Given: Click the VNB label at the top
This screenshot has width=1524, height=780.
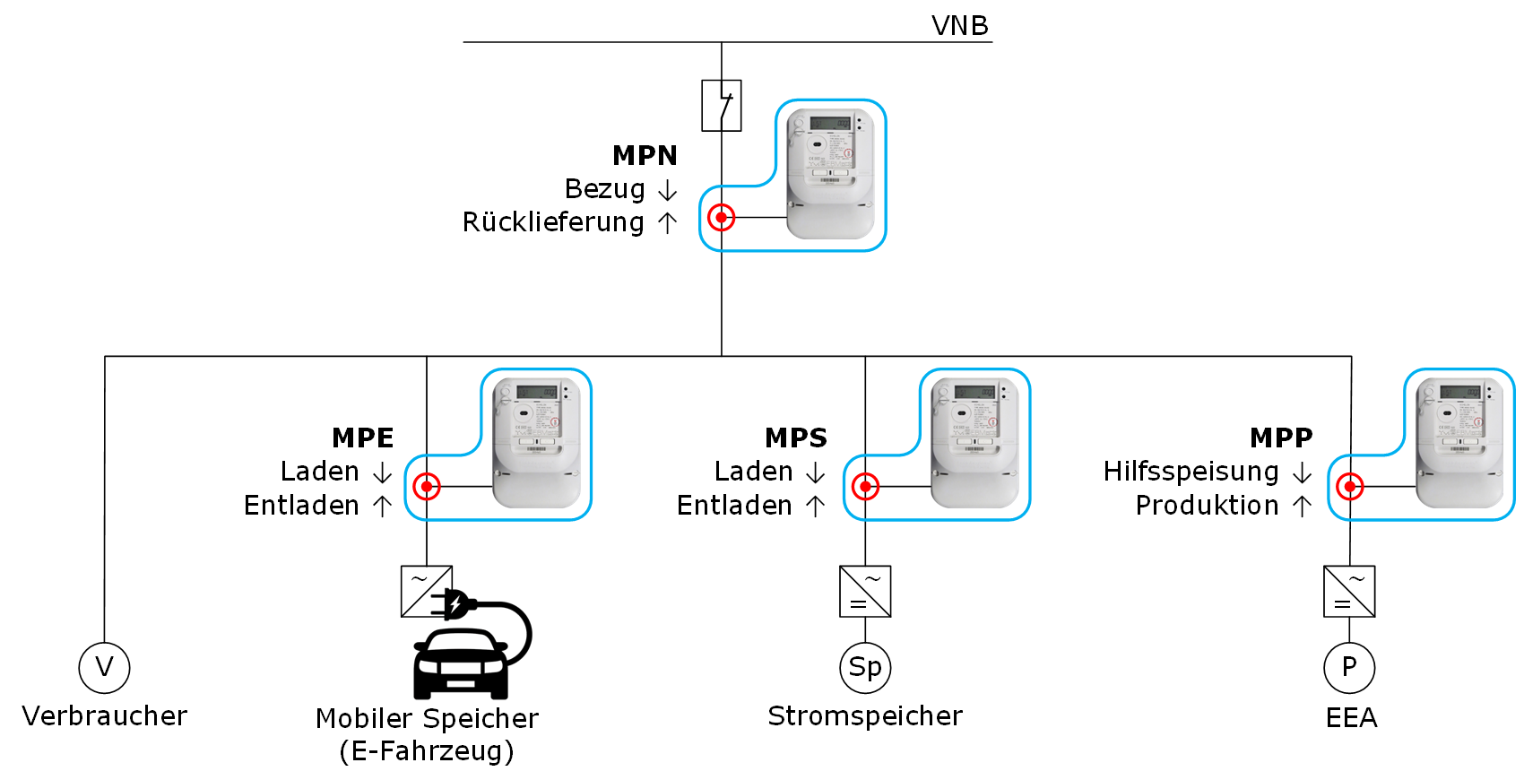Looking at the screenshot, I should [x=959, y=25].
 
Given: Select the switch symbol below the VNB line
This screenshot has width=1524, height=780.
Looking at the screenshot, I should [x=722, y=106].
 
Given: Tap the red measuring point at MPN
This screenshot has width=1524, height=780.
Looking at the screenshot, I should [x=722, y=217].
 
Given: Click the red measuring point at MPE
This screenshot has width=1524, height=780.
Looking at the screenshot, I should [x=427, y=487].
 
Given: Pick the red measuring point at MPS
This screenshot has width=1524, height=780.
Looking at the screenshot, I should [x=865, y=487].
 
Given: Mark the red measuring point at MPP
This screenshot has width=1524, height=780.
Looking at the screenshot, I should [x=1349, y=487].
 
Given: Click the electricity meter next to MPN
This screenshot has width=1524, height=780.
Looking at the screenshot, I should [x=830, y=174].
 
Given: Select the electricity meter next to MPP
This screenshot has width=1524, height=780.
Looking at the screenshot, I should [x=1459, y=443].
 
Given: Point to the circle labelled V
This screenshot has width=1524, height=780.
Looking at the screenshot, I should [x=104, y=668].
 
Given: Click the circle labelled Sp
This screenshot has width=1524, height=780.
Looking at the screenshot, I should [x=865, y=668].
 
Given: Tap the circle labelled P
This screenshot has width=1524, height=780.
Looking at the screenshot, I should [x=1349, y=668].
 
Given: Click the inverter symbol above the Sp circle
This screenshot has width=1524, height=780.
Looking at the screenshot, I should [x=865, y=592].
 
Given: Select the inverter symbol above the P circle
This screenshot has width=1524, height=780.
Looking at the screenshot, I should [x=1349, y=592].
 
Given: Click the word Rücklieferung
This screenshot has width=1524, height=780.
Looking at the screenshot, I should [x=553, y=222].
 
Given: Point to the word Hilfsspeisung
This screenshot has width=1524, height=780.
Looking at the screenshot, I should [x=1191, y=472].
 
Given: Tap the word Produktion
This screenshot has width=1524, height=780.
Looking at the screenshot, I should [x=1207, y=506].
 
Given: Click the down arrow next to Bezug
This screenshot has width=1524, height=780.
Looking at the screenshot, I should [x=667, y=190].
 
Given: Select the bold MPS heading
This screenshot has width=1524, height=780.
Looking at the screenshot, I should [x=796, y=438].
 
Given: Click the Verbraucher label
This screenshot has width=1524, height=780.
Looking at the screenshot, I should [x=105, y=716].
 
